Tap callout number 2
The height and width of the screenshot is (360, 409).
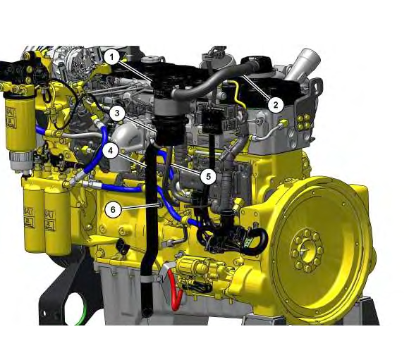[276, 104]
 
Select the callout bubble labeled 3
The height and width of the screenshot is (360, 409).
[117, 112]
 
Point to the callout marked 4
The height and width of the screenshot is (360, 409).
[110, 150]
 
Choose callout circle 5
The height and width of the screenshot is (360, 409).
[207, 176]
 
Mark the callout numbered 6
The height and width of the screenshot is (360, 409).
[111, 209]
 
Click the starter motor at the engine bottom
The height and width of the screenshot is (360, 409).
[201, 274]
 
